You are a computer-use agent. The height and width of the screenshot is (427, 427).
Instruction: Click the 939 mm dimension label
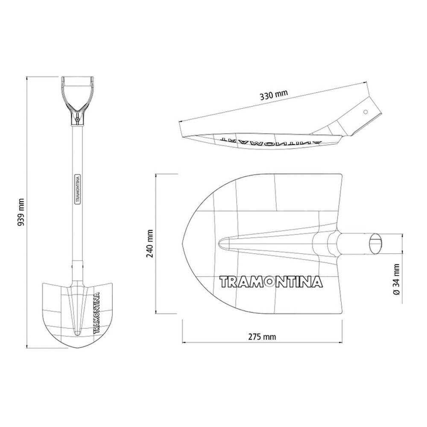point(21,212)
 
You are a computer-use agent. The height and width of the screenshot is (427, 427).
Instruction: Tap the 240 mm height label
point(149,243)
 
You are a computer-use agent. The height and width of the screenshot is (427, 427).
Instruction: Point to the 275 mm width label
point(262,337)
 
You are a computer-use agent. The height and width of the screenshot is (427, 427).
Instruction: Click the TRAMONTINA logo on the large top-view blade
point(271,282)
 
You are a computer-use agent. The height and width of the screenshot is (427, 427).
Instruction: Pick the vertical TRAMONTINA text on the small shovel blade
point(96,313)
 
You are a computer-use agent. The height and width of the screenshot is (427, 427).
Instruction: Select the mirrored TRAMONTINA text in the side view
point(271,139)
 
